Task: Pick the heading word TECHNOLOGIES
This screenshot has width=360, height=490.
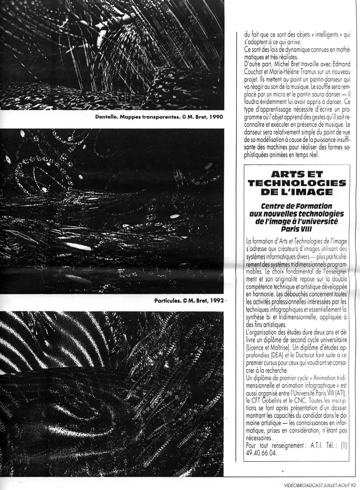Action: click(x=297, y=183)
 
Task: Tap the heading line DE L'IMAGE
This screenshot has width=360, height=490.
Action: click(x=297, y=192)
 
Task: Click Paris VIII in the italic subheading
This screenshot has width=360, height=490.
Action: click(x=296, y=230)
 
